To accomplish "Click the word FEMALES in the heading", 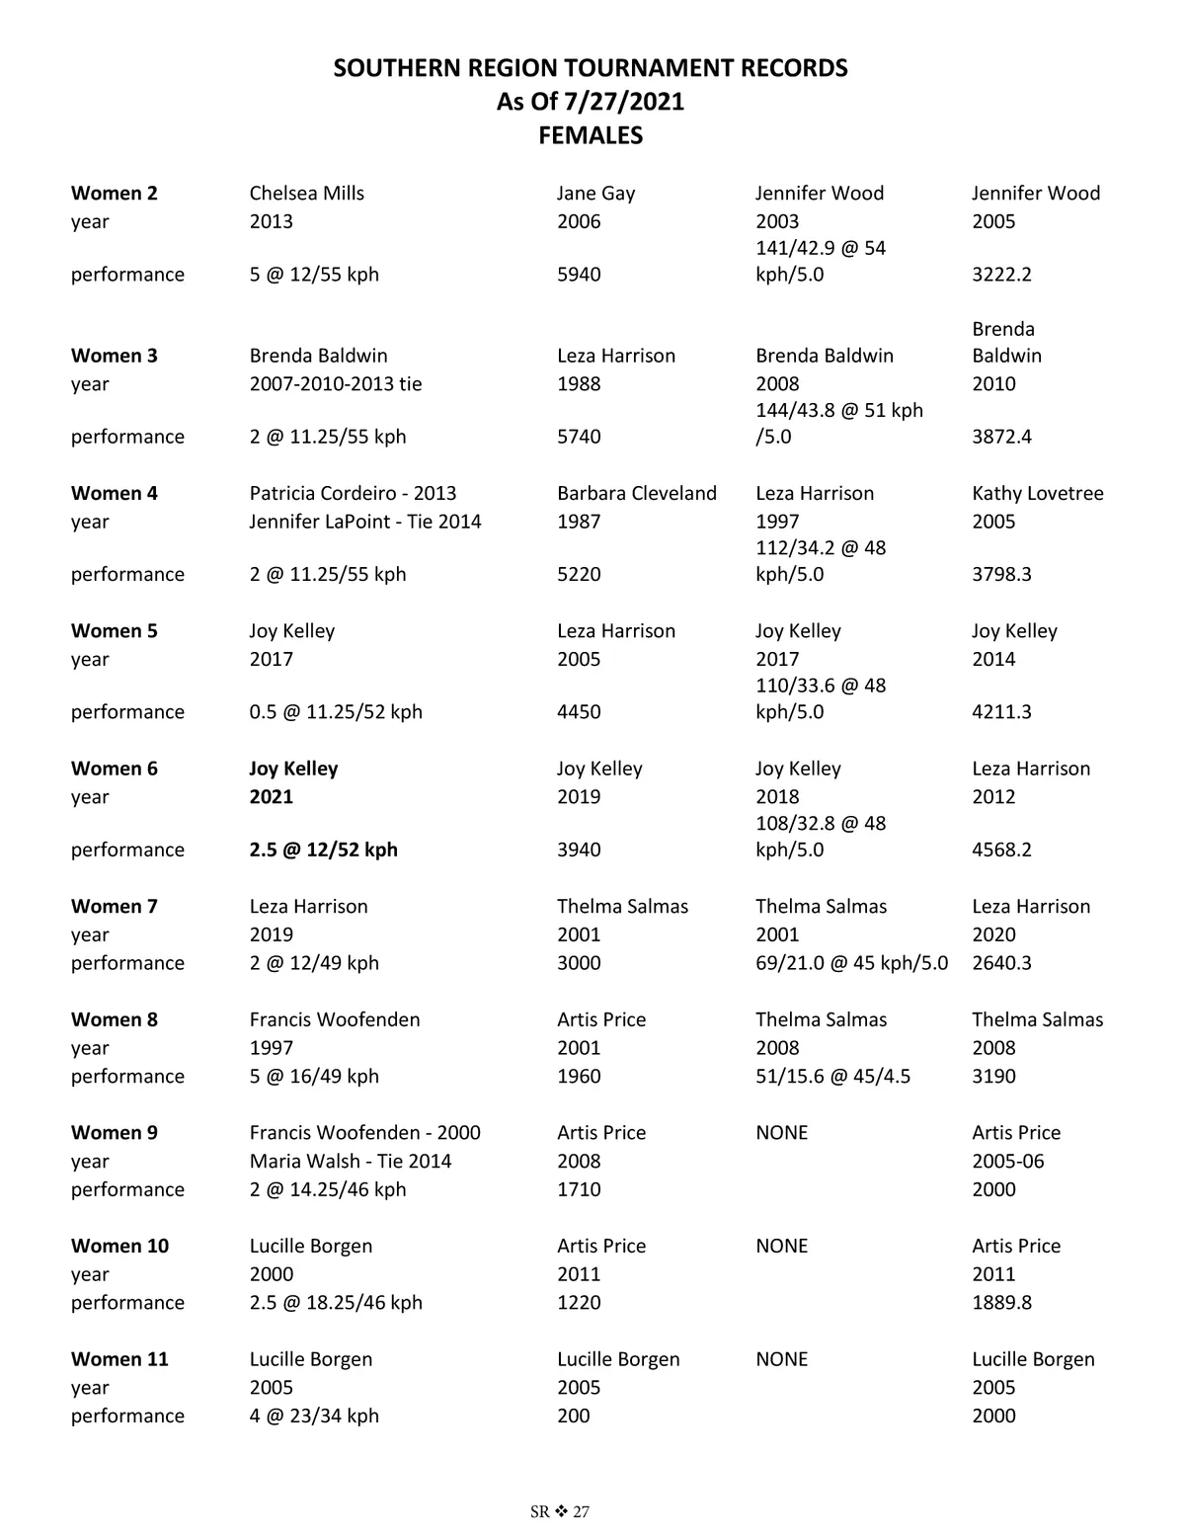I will coord(591,135).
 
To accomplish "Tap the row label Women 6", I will coord(114,769).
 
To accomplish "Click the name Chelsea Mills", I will coord(306,194).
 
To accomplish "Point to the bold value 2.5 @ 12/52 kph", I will coord(323,850).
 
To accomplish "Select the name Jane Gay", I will coord(595,194).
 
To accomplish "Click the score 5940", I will coord(579,275).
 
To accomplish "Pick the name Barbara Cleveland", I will coord(636,493).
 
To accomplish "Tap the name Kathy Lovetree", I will coord(1037,493).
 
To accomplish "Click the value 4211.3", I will coord(1001,712).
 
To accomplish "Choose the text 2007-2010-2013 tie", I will coord(335,384).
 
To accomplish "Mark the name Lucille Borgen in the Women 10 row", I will coord(310,1246).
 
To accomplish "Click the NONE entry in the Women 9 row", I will coord(781,1133).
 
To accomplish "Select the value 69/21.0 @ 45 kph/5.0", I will coord(851,963).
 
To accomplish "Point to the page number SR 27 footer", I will coord(559,1511).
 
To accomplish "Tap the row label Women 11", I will coord(119,1359).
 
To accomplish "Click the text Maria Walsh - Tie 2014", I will coord(350,1162).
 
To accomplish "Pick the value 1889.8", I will coord(1001,1303).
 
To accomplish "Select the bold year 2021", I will coord(271,797).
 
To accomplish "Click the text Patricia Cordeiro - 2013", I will coord(353,493).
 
